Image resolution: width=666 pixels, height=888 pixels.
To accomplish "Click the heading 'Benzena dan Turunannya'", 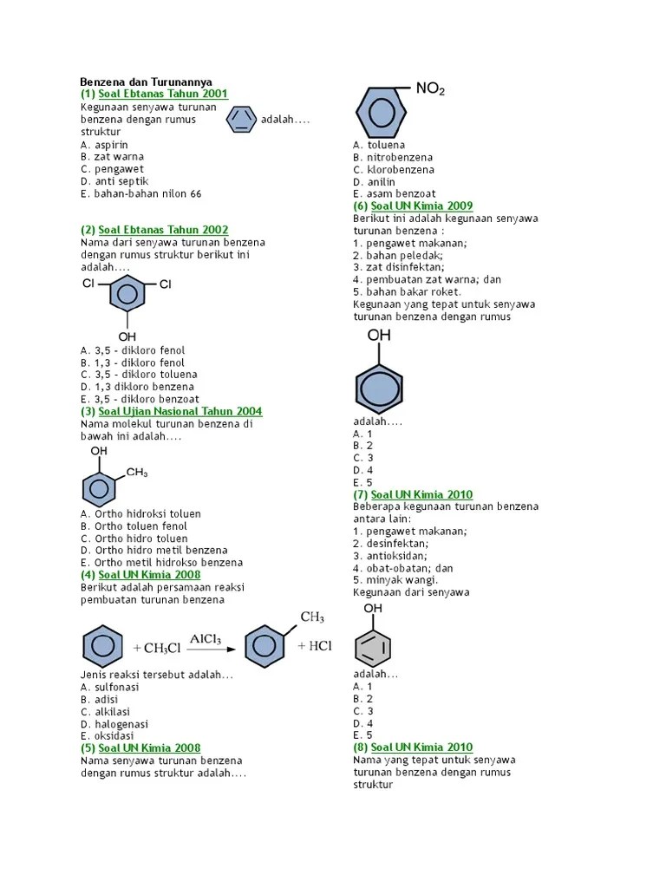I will click(146, 82).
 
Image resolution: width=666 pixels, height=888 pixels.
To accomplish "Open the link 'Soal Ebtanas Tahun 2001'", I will click(164, 94).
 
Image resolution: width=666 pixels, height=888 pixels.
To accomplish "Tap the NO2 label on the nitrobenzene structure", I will click(430, 89).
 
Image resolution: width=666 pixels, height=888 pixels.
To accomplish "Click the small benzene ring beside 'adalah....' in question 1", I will click(241, 120).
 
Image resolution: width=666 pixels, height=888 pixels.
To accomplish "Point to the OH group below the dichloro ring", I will click(127, 336).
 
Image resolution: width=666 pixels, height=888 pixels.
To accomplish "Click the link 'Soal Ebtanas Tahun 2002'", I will click(164, 230).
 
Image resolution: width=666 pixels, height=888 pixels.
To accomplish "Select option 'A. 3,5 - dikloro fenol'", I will click(133, 350).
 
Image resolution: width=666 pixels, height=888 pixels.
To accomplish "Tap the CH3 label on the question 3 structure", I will click(137, 473).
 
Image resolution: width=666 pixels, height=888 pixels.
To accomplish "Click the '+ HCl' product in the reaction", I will click(314, 646).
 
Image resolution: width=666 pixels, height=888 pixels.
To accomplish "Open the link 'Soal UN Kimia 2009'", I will click(421, 206).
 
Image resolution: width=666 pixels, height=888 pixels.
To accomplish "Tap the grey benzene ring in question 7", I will click(373, 646).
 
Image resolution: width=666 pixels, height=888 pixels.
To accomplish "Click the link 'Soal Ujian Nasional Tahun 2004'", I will click(180, 411).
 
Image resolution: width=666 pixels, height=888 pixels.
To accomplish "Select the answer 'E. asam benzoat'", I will click(395, 194).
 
